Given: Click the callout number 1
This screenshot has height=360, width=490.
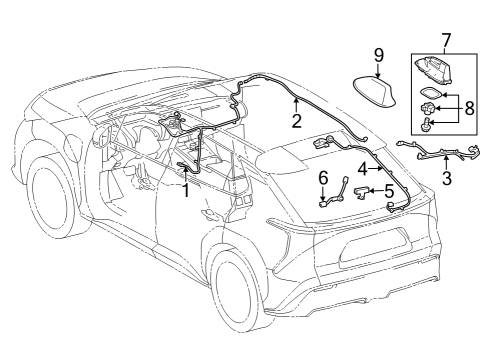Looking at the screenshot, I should [185, 191].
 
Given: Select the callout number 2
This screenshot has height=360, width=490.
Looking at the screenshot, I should [296, 122].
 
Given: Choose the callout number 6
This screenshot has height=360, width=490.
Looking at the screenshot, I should [323, 178].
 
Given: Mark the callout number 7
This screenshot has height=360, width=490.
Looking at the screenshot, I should [445, 41].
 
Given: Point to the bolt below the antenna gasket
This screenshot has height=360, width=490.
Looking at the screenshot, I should [430, 125].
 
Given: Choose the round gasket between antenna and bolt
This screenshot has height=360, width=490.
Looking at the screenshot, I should [428, 107].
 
